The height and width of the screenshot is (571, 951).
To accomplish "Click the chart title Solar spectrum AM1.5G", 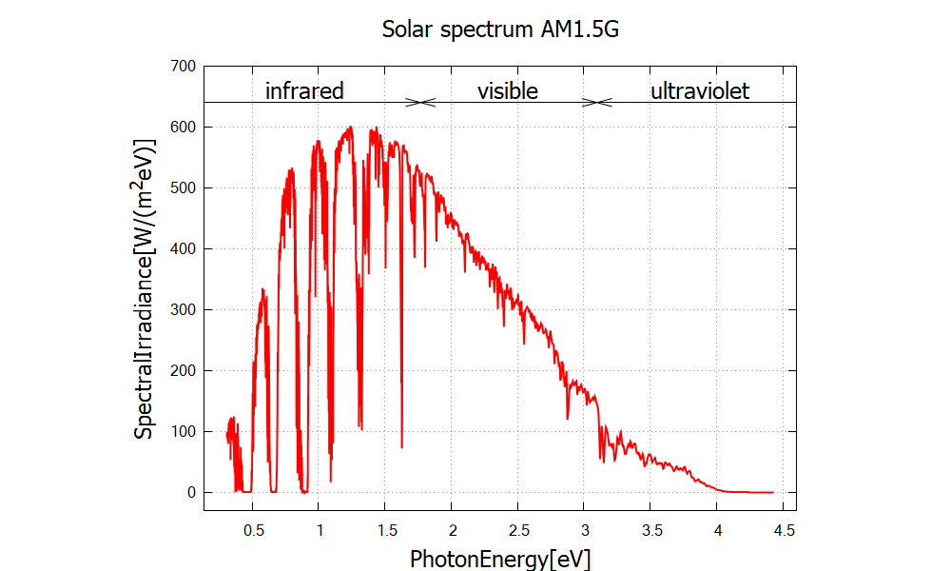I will [x=500, y=29].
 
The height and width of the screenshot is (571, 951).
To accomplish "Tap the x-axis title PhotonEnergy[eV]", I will [x=500, y=558].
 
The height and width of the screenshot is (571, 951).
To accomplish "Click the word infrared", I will [x=303, y=91].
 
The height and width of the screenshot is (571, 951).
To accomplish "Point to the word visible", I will [x=507, y=91].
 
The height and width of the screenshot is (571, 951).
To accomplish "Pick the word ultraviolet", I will [x=699, y=91].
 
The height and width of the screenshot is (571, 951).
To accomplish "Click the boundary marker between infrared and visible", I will [x=420, y=102].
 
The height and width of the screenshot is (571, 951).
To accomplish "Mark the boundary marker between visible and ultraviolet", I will [x=596, y=102].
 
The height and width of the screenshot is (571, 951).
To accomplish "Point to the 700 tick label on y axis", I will [x=184, y=66].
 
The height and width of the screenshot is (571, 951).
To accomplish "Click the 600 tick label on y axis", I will [x=184, y=127].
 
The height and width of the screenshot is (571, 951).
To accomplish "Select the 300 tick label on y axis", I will [x=184, y=309].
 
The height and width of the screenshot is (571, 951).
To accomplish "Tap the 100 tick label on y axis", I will [x=184, y=431].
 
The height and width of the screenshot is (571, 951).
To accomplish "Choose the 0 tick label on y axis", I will [x=191, y=492].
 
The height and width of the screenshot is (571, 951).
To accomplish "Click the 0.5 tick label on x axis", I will [x=253, y=528].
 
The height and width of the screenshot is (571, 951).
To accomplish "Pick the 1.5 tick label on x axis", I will [x=385, y=528].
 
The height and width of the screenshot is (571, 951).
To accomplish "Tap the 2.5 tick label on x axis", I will [x=518, y=528].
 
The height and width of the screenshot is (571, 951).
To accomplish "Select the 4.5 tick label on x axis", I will [x=784, y=528].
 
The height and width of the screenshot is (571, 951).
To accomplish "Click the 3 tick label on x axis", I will [x=585, y=528].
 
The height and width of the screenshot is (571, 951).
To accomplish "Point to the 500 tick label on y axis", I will [x=184, y=187].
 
